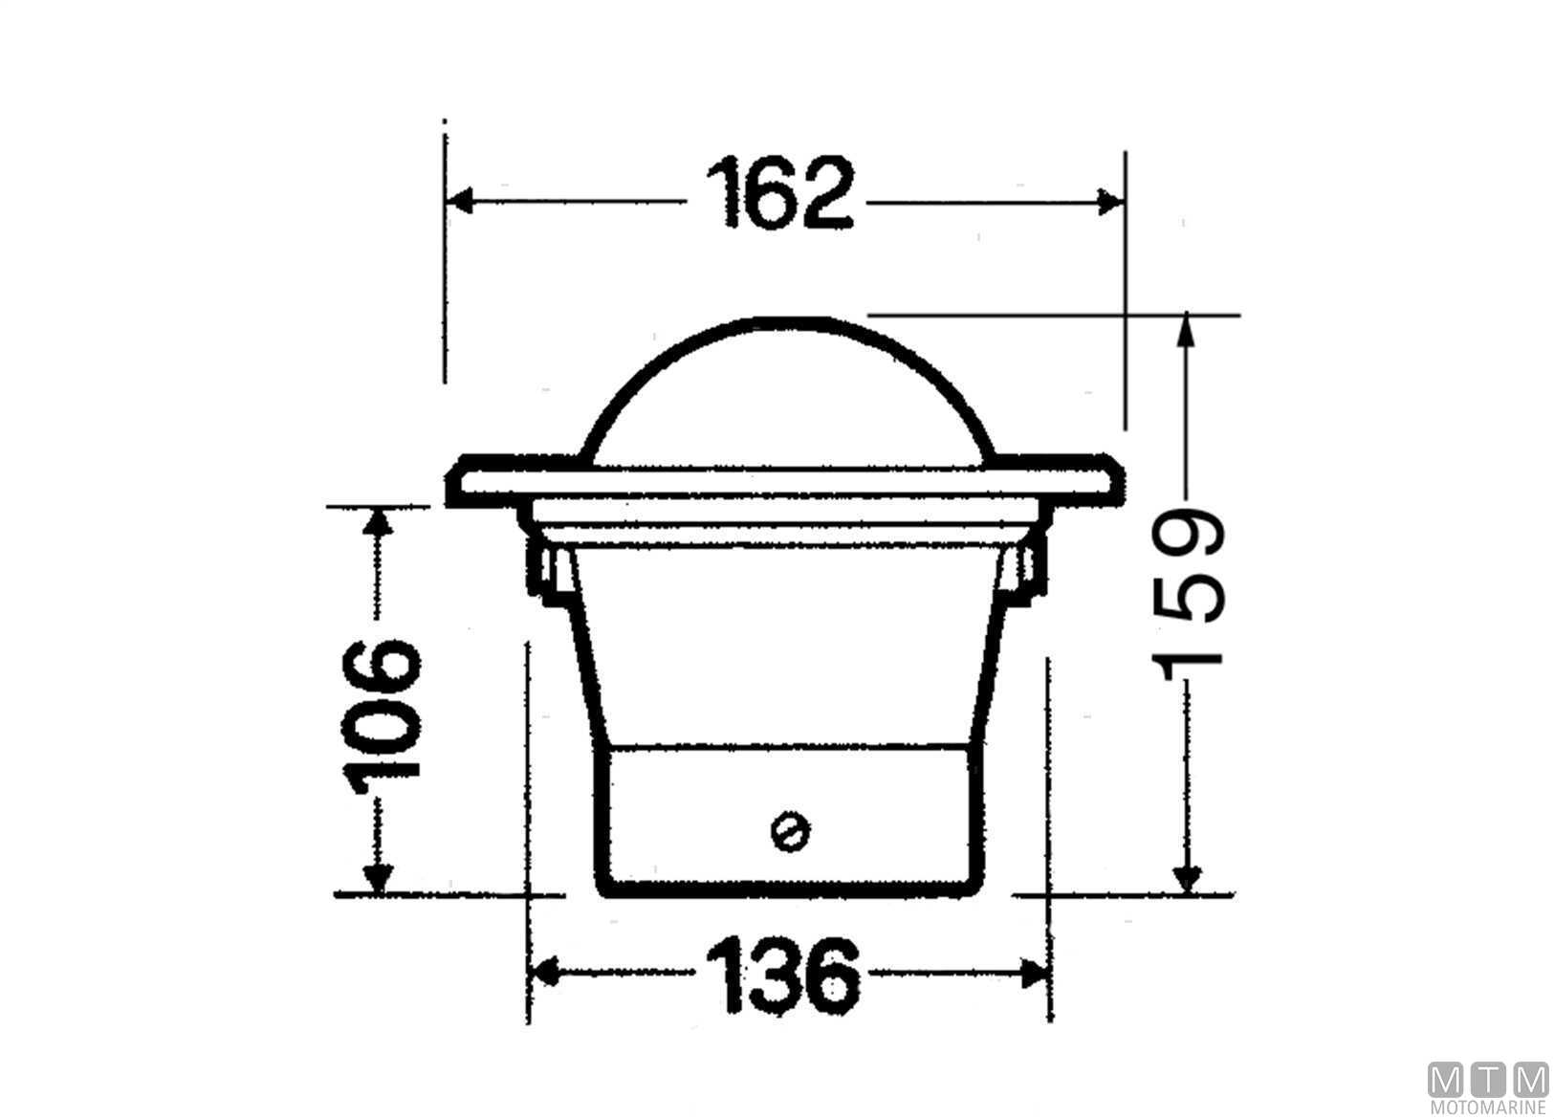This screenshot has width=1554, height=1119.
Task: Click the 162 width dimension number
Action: [x=779, y=193]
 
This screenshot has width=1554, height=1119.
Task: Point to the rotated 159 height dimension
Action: [x=1188, y=595]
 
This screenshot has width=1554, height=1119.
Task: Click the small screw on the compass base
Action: [x=790, y=830]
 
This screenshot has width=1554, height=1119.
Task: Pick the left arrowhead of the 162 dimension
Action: [x=459, y=201]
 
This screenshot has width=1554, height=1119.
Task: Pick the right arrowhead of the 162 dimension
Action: [x=1110, y=202]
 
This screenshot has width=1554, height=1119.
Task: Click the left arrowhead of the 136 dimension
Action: [x=544, y=972]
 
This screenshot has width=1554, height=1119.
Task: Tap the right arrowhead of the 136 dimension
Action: [x=1034, y=974]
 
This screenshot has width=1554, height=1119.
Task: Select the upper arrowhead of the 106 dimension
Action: [x=378, y=521]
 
